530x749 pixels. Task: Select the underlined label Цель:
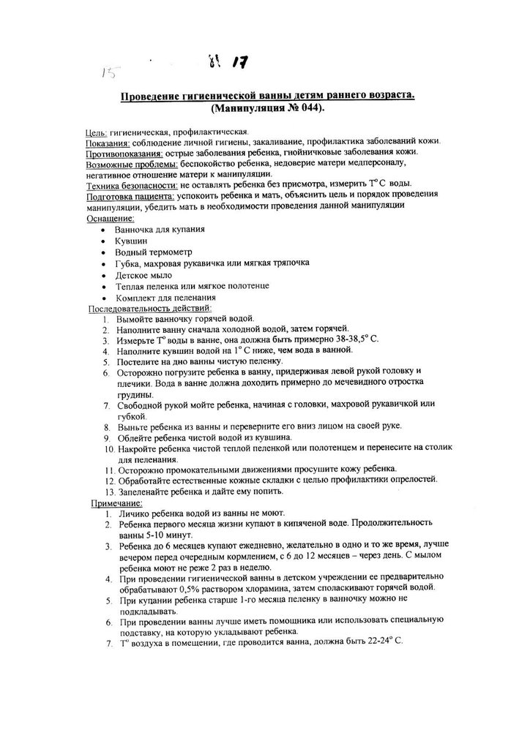pos(97,132)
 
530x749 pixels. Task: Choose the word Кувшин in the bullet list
pos(132,240)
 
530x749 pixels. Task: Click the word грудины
pos(132,394)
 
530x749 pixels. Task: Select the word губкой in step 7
pos(130,415)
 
